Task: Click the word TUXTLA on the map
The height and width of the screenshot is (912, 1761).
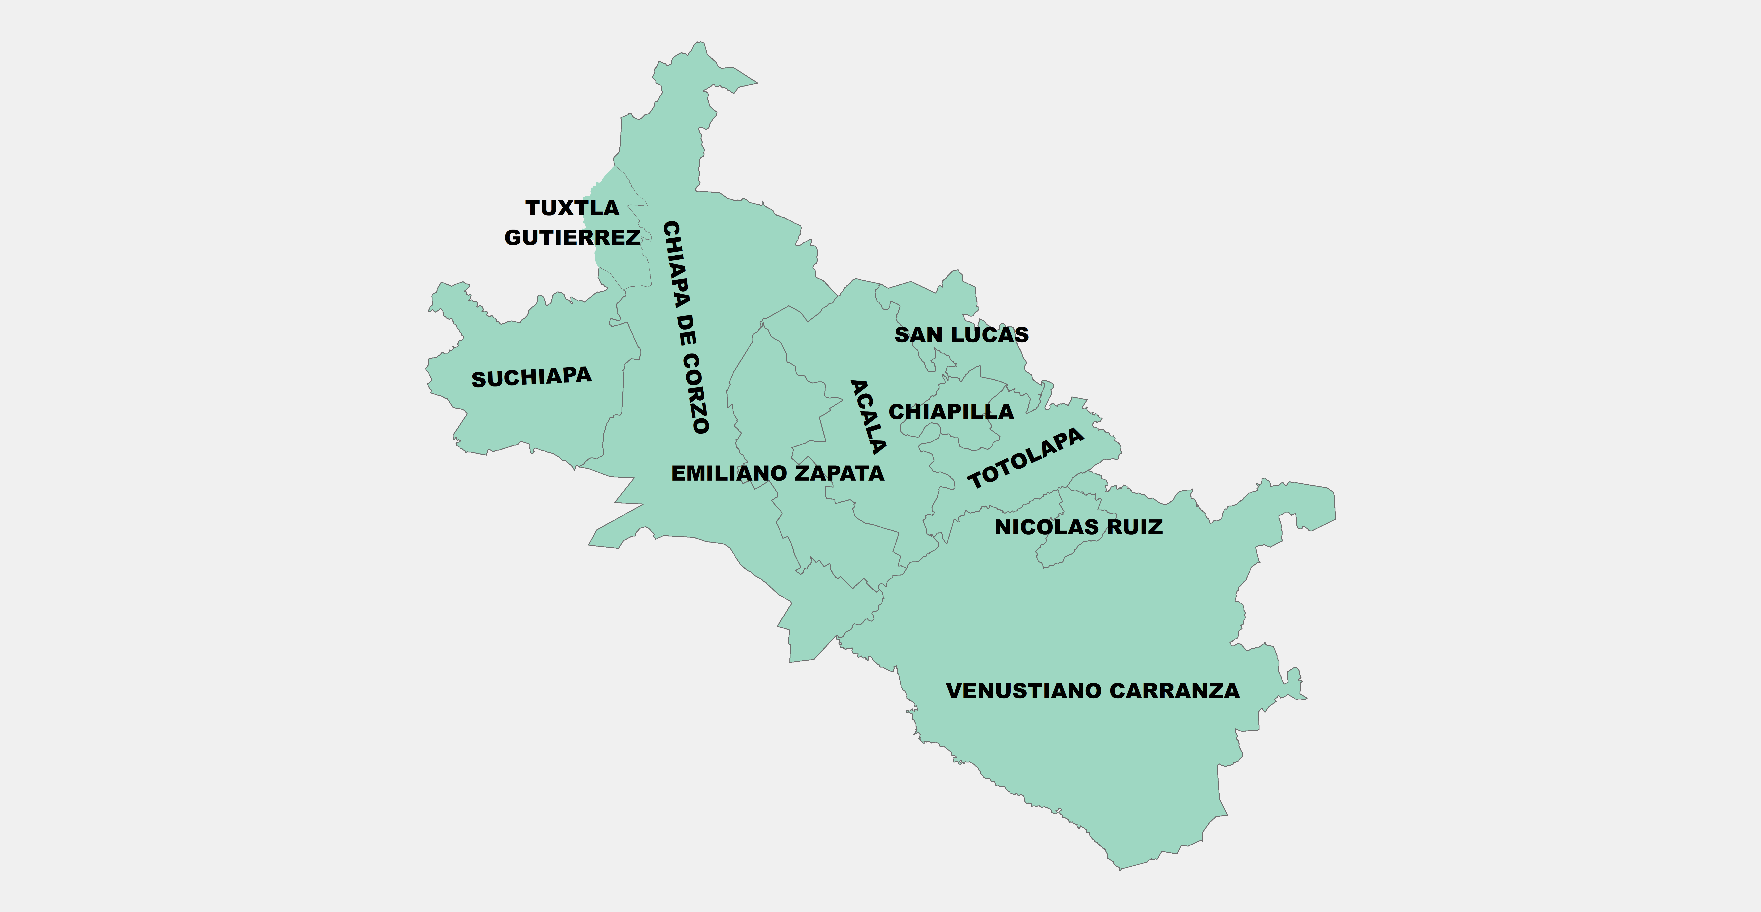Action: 572,208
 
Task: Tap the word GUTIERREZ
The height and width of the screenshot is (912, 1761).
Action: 572,237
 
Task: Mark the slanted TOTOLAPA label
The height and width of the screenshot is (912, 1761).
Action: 1026,458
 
